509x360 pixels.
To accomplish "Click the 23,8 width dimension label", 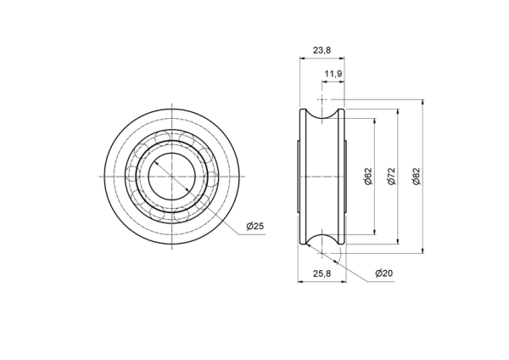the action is point(322,50).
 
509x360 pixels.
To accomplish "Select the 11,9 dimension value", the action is point(333,74).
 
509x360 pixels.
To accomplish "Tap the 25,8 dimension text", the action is point(322,273).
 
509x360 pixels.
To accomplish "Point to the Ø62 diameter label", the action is point(368,177).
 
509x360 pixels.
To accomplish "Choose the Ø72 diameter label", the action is point(392,177).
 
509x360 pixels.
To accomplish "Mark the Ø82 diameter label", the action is point(417,177).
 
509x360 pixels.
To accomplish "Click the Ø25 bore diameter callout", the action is point(255,226).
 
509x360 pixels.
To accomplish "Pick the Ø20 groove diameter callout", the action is point(384,273).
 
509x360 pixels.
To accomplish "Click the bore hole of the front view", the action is point(171,177).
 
